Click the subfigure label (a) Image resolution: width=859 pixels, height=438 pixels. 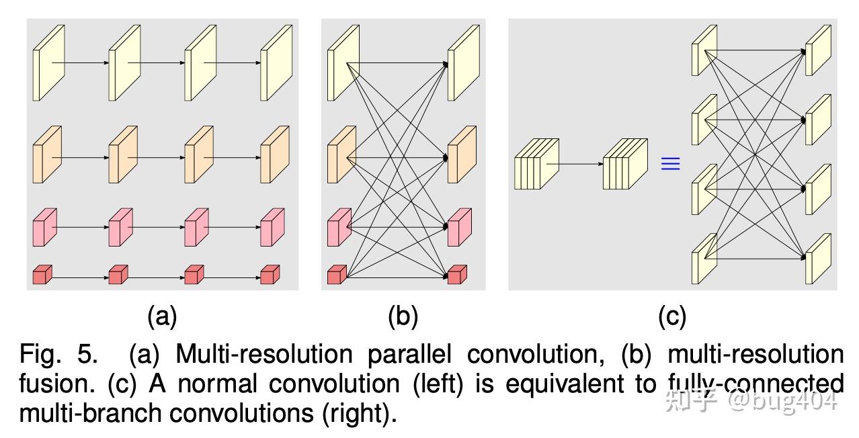click(x=162, y=316)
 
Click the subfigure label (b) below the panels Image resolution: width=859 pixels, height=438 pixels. click(x=403, y=316)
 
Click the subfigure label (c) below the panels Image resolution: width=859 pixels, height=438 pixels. click(x=671, y=316)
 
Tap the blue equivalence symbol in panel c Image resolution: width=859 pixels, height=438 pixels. click(x=670, y=164)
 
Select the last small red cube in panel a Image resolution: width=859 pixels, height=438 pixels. click(x=270, y=274)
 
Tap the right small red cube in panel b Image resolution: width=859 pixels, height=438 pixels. click(x=456, y=274)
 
